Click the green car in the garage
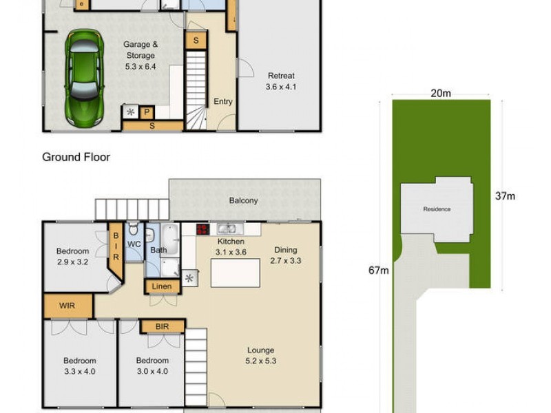85,78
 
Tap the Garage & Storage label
140,50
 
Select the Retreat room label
281,81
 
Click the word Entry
223,102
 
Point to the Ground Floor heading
76,157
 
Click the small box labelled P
147,112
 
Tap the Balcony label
244,201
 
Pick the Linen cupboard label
163,286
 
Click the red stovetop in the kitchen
203,230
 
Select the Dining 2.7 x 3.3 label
286,255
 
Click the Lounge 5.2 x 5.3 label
261,355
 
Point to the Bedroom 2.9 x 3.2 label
72,256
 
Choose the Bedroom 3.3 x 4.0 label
80,366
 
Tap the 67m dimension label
379,271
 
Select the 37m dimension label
505,196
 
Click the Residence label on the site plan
437,209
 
